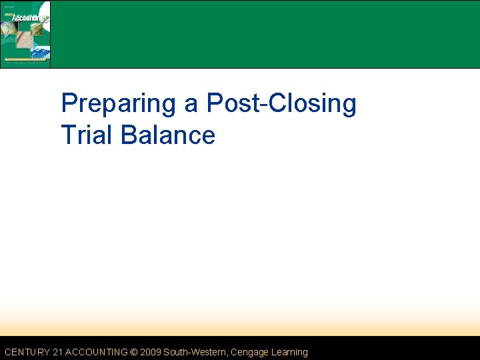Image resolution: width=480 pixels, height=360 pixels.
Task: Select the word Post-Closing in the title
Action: (281, 104)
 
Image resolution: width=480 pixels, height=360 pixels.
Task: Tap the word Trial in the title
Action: (87, 135)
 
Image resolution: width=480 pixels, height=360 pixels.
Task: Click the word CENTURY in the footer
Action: (26, 352)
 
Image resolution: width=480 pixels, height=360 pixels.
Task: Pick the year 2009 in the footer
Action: (151, 352)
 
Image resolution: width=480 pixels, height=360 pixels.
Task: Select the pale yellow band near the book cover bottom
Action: (25, 60)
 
